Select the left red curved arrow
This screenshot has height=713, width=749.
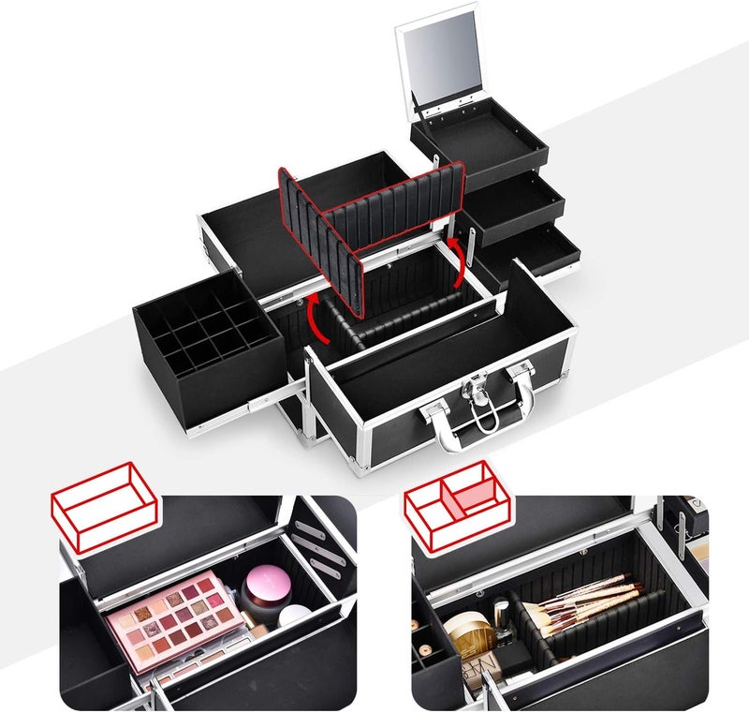[316, 320]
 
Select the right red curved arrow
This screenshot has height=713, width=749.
[458, 263]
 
